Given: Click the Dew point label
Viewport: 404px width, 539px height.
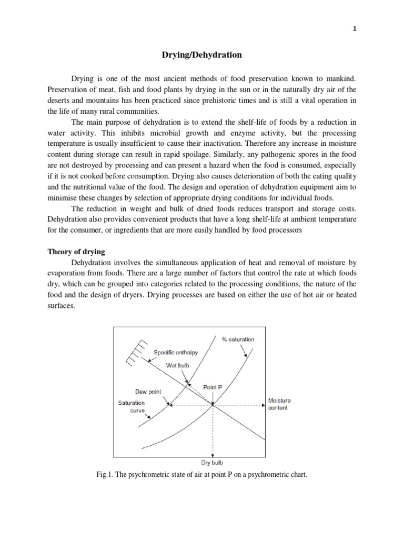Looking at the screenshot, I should tap(148, 392).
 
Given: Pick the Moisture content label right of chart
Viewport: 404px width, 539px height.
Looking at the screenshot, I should tap(279, 404).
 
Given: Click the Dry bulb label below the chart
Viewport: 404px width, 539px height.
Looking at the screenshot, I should tap(213, 463).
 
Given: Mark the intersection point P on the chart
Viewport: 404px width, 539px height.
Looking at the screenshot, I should tap(213, 405).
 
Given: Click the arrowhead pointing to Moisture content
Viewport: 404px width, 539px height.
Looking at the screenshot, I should tap(261, 405).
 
